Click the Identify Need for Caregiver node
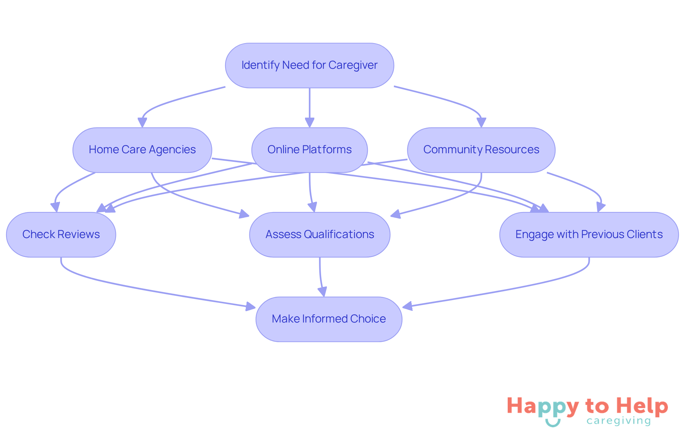tap(309, 66)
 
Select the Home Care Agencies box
tap(142, 150)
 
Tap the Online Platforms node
tap(309, 150)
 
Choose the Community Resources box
tap(481, 150)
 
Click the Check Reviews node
tap(61, 234)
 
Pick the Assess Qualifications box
tap(320, 234)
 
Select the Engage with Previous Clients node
tap(589, 234)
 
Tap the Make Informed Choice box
tap(329, 319)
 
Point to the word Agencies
tap(172, 150)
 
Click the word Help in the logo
tap(642, 407)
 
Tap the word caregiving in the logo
tap(619, 421)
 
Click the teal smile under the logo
tap(553, 423)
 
